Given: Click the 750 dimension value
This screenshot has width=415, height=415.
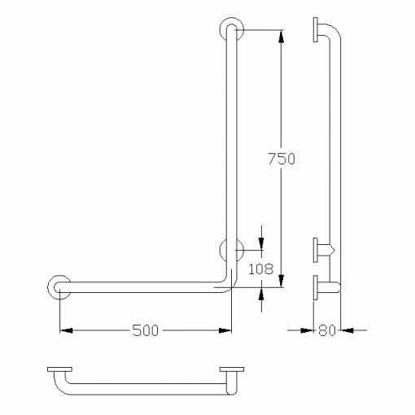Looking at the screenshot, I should [281, 159].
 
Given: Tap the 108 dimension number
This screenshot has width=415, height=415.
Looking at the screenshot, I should [261, 269].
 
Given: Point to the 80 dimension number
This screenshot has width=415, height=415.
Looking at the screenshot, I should [328, 330].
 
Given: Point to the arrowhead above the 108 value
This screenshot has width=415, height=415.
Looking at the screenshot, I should [261, 245].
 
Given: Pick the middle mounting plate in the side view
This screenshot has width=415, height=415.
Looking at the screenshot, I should [314, 249].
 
